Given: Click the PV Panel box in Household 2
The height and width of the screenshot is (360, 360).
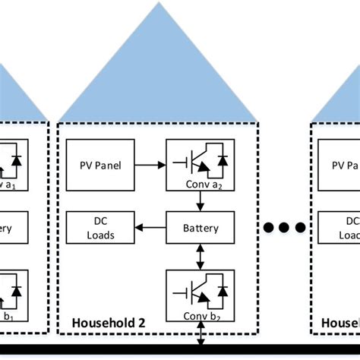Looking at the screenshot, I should (100, 165).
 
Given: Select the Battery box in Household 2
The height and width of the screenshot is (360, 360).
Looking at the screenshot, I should (201, 227).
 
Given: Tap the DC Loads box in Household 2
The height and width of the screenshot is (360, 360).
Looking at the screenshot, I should (100, 227).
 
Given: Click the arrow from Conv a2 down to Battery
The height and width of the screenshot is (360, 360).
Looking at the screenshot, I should (201, 201).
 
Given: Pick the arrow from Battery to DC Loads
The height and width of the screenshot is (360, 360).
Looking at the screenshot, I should (150, 227).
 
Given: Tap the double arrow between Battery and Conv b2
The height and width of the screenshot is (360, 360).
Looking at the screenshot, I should (201, 254).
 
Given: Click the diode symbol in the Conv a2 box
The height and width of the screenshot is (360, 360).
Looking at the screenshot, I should (223, 161).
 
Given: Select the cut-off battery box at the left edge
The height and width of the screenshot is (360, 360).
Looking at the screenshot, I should (13, 227).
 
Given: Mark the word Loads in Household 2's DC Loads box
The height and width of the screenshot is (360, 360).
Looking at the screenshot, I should (100, 235).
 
